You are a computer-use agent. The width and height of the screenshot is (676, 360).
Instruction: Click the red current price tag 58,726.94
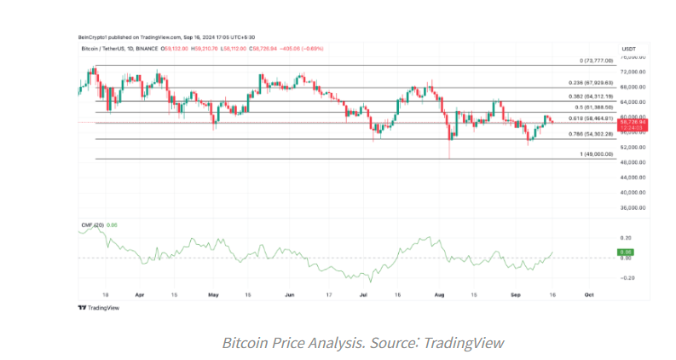[x=631, y=123]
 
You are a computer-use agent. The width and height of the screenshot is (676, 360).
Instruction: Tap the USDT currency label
[x=628, y=49]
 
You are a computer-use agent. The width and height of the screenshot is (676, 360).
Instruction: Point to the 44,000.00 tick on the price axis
[x=632, y=177]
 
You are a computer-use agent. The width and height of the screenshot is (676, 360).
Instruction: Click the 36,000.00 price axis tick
[x=632, y=207]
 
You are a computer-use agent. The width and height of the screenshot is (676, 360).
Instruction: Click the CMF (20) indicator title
[x=91, y=224]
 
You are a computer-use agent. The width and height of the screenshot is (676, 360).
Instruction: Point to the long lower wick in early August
[x=448, y=150]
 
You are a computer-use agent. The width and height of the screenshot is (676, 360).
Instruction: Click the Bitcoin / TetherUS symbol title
[x=104, y=50]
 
